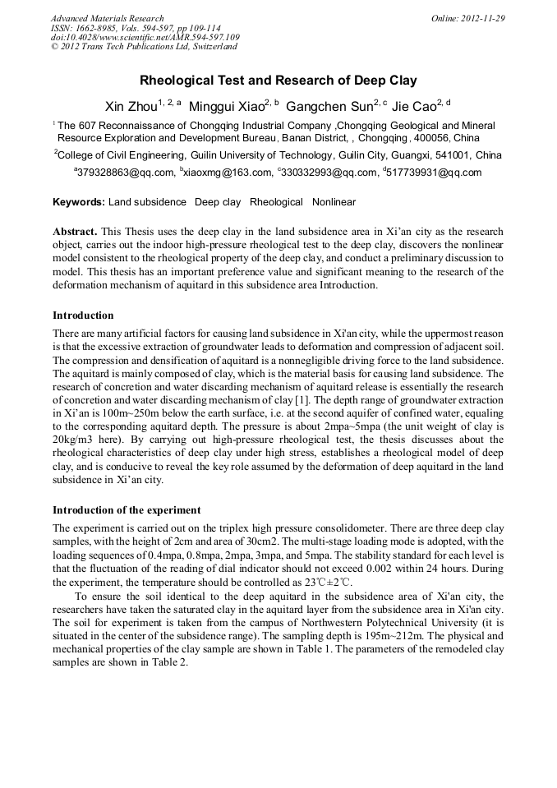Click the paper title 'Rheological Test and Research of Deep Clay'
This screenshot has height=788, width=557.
pos(278,81)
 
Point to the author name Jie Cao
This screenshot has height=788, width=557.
pos(414,107)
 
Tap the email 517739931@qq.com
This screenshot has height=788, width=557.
pos(434,173)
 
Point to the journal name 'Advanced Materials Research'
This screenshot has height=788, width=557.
pos(107,18)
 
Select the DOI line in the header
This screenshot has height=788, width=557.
pos(145,37)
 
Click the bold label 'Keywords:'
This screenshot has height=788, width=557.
pos(79,202)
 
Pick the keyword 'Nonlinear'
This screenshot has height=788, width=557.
pos(334,202)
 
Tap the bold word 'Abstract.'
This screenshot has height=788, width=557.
pos(76,233)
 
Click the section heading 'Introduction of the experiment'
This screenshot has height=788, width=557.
pos(127,510)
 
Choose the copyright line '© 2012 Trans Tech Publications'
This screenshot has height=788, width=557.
pos(144,47)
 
